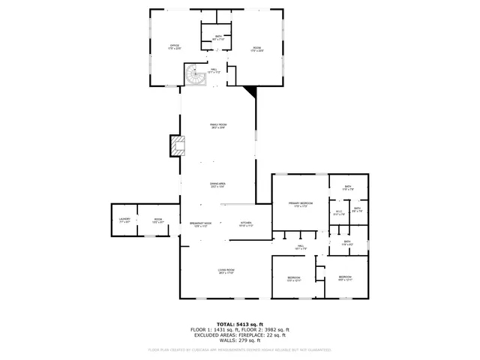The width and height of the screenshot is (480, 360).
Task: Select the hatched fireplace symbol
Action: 177,145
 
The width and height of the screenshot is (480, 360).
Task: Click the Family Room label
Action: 218,126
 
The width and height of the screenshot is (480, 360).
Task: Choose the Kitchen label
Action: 246,223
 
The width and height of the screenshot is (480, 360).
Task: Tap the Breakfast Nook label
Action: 200,223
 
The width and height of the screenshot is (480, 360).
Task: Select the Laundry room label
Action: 124,220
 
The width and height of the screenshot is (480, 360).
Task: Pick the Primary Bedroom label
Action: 300,204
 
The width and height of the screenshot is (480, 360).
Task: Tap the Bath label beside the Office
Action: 218,37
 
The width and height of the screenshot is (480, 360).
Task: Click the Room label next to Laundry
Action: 158,220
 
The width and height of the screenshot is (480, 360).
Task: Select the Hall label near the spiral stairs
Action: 213,70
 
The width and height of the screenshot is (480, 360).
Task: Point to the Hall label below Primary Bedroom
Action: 300,247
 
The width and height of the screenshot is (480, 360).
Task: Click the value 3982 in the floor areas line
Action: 261,330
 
